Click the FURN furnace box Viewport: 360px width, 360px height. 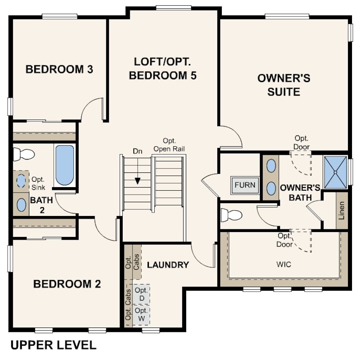[245, 185]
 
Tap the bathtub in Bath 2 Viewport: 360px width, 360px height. [64, 165]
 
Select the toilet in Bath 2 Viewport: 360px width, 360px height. [24, 154]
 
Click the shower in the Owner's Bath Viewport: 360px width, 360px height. [335, 172]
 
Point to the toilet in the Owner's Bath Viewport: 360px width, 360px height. [231, 215]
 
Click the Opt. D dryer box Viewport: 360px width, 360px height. [141, 294]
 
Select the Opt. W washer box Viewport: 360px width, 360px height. [141, 315]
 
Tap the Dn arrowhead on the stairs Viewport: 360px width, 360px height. [137, 181]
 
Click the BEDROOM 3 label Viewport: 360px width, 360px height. [59, 69]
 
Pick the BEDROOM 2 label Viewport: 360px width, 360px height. [67, 284]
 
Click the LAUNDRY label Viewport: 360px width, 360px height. [168, 265]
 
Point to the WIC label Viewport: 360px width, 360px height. [284, 264]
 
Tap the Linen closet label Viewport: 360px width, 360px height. [342, 211]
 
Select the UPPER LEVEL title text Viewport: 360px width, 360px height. [53, 345]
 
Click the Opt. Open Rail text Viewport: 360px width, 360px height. [169, 145]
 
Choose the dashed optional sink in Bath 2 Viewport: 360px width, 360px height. [21, 181]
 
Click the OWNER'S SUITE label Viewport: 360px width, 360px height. [284, 85]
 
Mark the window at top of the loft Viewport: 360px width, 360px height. [174, 8]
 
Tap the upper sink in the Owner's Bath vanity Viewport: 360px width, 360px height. [271, 166]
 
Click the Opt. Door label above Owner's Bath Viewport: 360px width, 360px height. [301, 142]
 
